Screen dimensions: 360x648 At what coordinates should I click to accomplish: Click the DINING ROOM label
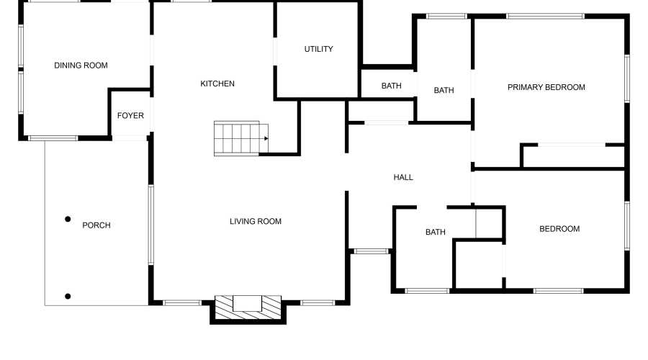click(x=81, y=66)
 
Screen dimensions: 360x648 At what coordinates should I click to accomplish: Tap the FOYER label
click(x=130, y=116)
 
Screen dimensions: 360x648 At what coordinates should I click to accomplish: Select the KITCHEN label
click(x=217, y=84)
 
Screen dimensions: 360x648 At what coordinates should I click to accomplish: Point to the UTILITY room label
click(x=318, y=49)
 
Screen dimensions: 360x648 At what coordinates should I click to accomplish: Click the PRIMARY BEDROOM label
click(x=546, y=87)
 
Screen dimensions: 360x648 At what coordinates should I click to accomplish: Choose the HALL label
click(x=403, y=177)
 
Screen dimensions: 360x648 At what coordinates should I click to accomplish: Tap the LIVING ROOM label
click(x=256, y=221)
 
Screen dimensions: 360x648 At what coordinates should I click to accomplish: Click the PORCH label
click(x=96, y=225)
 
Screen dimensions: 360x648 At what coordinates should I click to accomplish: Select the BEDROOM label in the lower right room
click(x=559, y=229)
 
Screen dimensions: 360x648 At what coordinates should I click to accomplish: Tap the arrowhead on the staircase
click(x=266, y=138)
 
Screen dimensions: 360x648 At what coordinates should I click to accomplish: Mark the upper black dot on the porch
click(x=68, y=219)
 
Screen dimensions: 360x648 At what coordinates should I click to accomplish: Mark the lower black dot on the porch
click(x=68, y=296)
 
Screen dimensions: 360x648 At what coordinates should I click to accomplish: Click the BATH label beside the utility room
click(x=392, y=86)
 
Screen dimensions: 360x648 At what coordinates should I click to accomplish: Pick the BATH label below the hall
click(x=436, y=232)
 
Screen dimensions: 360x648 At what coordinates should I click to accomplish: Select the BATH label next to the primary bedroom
click(x=444, y=90)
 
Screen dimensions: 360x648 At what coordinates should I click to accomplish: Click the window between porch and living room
click(x=150, y=225)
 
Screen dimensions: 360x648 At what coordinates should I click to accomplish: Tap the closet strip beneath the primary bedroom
click(x=573, y=156)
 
